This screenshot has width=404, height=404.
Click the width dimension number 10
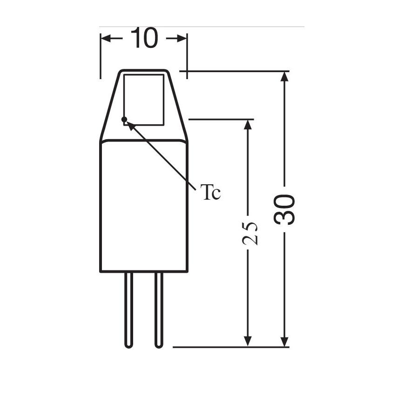[x=144, y=38]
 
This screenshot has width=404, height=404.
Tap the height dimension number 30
[x=285, y=209]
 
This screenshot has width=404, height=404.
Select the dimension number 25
[x=250, y=233]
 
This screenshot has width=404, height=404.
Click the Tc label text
[x=210, y=192]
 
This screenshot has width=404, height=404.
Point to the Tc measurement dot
[x=124, y=119]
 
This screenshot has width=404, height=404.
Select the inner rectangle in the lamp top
[x=144, y=100]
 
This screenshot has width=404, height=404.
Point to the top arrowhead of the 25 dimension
[x=248, y=125]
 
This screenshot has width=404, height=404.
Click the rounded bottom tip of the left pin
[x=129, y=345]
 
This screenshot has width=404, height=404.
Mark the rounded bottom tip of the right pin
[x=159, y=345]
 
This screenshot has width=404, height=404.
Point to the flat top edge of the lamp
[x=144, y=71]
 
